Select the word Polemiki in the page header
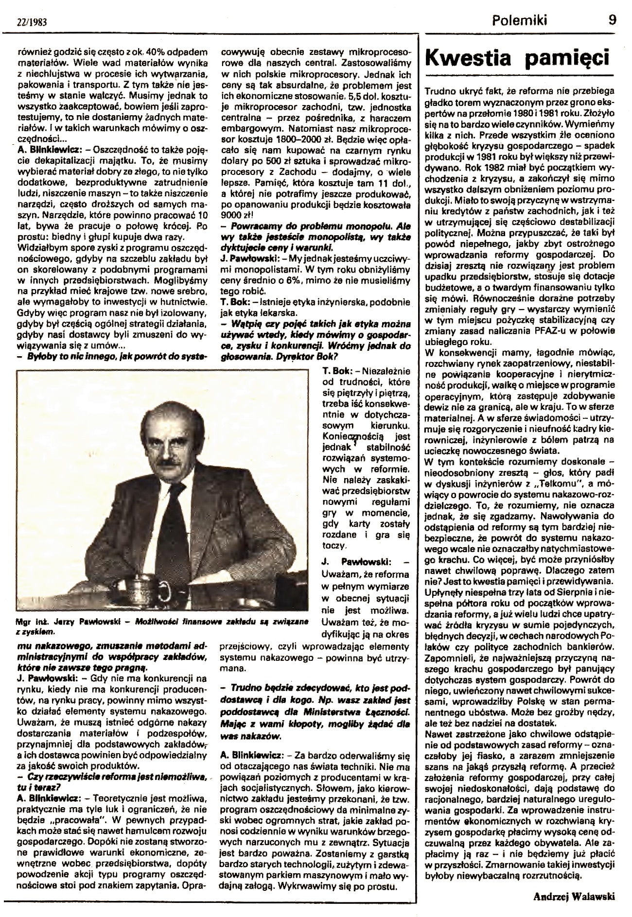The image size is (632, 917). (520, 20)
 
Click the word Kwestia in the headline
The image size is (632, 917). (468, 59)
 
